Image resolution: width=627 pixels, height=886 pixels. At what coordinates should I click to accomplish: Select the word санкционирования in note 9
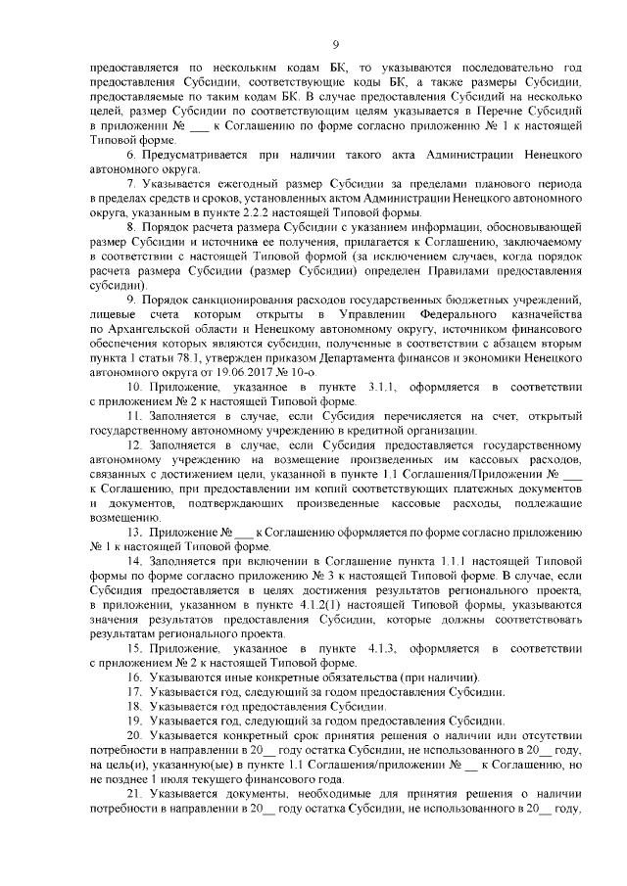tap(242, 298)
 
